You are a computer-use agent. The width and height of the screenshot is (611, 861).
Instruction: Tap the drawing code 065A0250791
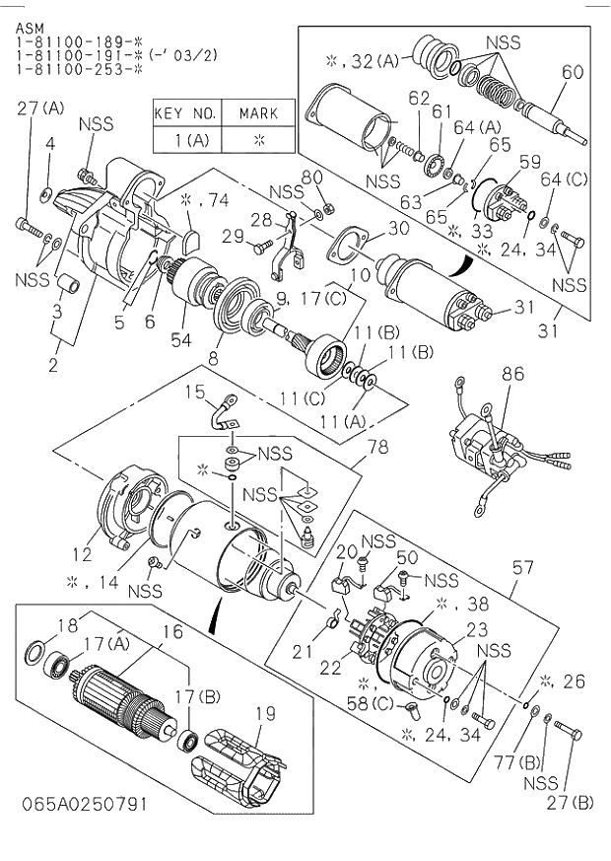(x=83, y=804)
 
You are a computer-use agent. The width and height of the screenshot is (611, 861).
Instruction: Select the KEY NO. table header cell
(x=187, y=113)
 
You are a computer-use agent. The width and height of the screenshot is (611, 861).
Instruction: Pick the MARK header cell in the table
(x=259, y=113)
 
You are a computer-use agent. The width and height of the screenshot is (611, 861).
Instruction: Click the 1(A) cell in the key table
(x=187, y=139)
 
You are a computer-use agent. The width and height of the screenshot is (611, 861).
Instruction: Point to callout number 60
(x=573, y=72)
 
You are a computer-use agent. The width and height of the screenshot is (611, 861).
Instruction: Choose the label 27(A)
(x=39, y=108)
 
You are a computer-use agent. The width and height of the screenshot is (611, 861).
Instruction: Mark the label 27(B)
(x=572, y=802)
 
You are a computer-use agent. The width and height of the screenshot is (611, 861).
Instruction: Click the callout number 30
(x=398, y=228)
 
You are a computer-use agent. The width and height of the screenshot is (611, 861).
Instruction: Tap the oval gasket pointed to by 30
(x=344, y=244)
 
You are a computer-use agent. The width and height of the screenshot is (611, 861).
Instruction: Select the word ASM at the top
(x=30, y=29)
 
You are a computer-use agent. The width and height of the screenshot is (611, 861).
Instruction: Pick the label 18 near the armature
(x=38, y=625)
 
